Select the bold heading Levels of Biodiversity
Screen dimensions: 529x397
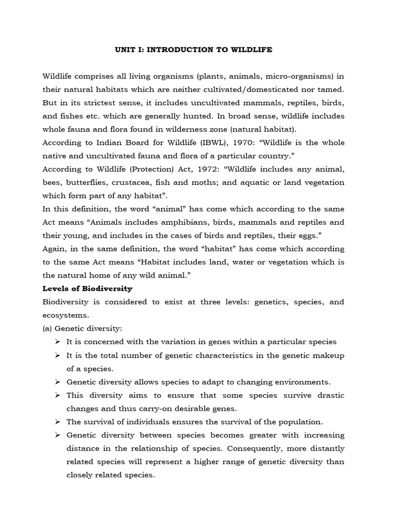coord(87,288)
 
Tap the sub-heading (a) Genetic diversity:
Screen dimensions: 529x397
coord(82,328)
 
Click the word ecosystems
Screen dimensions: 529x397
coord(66,315)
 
